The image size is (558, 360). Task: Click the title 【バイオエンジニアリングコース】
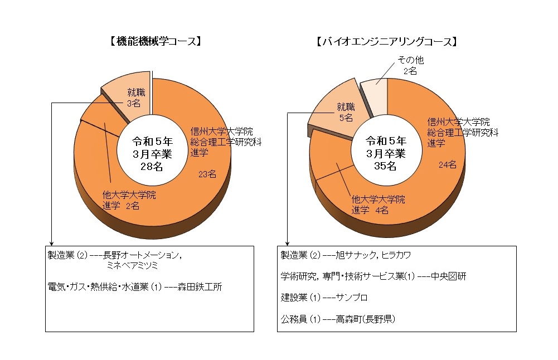pos(386,41)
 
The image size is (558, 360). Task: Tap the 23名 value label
pos(207,174)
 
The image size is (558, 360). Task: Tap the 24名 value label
pos(447,164)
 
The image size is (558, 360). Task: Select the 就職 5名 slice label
pos(346,112)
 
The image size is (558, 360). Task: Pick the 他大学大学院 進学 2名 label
pos(128,200)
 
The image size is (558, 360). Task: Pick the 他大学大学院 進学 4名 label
pos(377,204)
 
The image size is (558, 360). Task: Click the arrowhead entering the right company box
pos(287,244)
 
